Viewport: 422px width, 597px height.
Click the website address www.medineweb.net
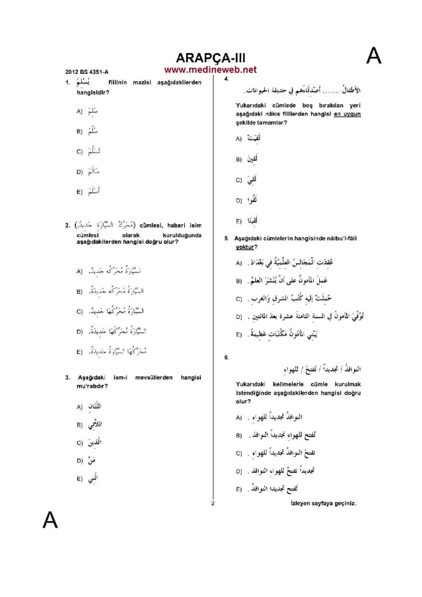210,69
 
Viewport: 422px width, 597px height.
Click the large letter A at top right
374,56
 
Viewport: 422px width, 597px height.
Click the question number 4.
225,78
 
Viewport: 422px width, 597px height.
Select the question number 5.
226,239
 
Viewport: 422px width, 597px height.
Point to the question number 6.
226,357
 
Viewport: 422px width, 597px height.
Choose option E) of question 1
79,193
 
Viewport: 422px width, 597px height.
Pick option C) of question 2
79,312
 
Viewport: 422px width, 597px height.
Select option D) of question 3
79,461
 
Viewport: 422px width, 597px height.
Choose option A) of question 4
239,139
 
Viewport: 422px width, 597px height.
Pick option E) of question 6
239,489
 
